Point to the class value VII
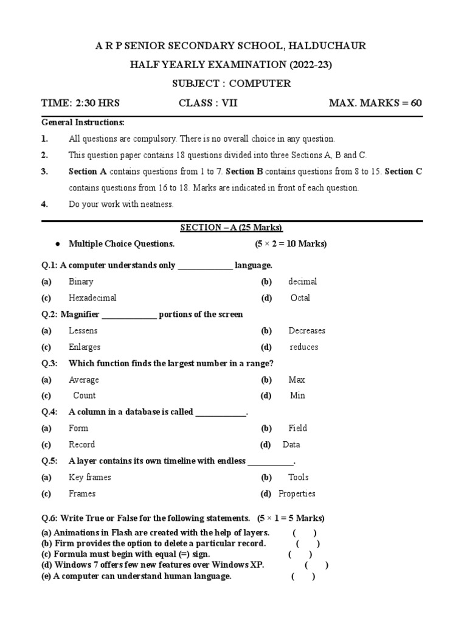point(229,103)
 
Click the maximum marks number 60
point(416,103)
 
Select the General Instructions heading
point(83,122)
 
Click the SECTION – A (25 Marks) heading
point(232,228)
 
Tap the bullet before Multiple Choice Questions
point(57,244)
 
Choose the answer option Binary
point(81,282)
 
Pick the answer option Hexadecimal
point(92,298)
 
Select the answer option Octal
point(300,298)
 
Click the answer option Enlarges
point(85,347)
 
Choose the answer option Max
point(297,380)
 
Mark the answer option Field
point(298,428)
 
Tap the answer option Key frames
point(90,477)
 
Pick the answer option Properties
point(297,493)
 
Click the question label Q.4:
point(50,412)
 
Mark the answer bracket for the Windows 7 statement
point(317,565)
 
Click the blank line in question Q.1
point(205,266)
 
